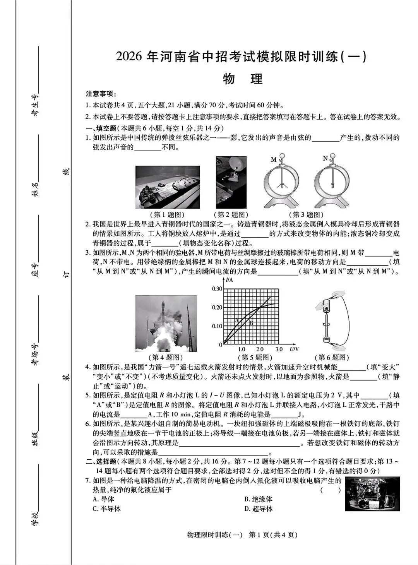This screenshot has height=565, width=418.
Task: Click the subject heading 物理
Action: (x=243, y=79)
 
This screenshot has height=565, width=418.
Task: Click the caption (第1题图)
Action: (x=167, y=214)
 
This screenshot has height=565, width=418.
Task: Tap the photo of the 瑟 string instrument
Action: (x=168, y=187)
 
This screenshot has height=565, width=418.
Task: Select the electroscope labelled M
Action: (x=281, y=182)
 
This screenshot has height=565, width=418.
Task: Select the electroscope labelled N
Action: (x=332, y=182)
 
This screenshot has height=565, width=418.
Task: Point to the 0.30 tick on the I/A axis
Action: (x=217, y=289)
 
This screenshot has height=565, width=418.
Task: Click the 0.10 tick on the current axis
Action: (x=217, y=326)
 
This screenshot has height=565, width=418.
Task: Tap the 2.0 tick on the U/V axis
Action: (x=260, y=349)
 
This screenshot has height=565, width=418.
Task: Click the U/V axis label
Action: (x=294, y=349)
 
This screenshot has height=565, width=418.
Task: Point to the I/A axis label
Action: (x=230, y=280)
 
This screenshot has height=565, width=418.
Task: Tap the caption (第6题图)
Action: (x=333, y=357)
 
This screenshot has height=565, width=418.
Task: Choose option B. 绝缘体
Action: (x=258, y=499)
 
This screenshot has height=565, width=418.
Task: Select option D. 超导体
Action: (x=258, y=509)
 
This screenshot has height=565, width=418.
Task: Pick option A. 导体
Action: (x=103, y=499)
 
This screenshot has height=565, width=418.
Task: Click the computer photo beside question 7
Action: (x=372, y=494)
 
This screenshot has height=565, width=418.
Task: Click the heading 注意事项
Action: (x=101, y=94)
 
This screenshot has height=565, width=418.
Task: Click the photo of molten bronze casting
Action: (x=231, y=182)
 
